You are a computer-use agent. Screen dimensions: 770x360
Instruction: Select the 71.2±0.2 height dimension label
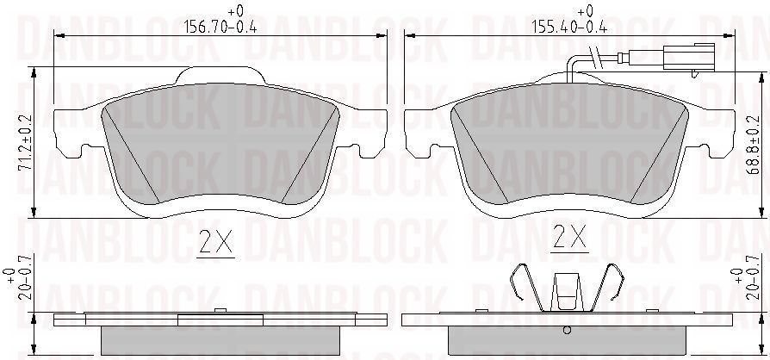(x=25, y=142)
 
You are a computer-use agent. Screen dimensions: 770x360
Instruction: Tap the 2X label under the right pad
(x=569, y=237)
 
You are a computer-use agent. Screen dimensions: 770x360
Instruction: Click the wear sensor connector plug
(x=688, y=57)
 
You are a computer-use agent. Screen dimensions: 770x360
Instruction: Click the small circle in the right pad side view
(x=567, y=331)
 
